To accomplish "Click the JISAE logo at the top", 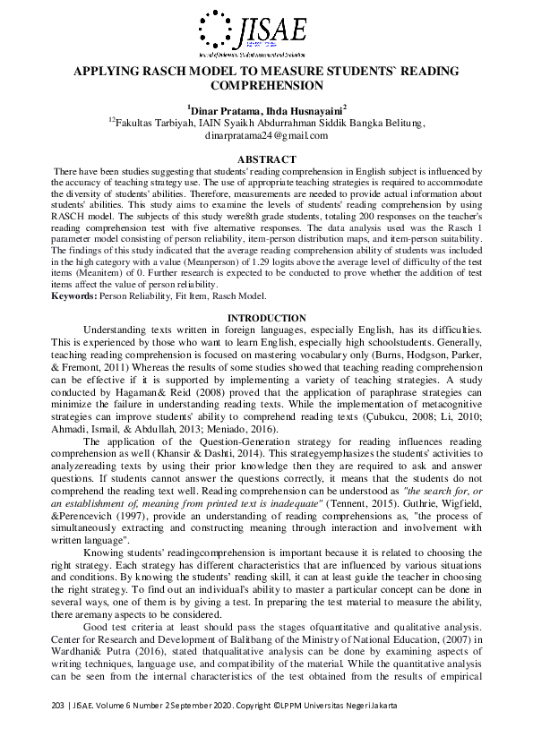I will point(266,30).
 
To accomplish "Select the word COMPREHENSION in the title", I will point(266,86).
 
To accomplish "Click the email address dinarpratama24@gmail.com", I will point(266,135).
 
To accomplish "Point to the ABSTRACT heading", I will point(266,158).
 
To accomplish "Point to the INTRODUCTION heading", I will point(266,318).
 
